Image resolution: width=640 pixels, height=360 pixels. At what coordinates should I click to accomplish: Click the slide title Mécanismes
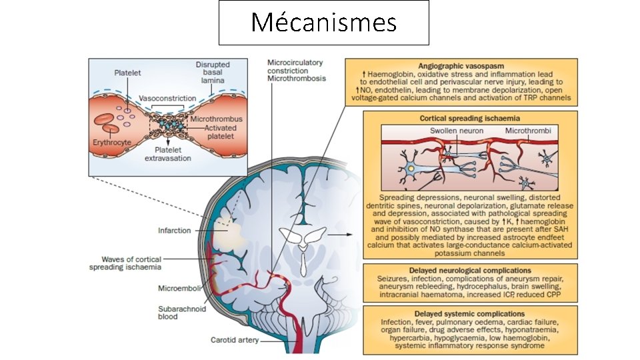coord(323,23)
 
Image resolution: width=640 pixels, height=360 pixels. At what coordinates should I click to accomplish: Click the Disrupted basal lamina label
coord(211,72)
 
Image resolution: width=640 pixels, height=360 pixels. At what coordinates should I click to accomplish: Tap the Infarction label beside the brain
coord(174,231)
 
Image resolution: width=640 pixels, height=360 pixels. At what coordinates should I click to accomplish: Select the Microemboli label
coord(175,289)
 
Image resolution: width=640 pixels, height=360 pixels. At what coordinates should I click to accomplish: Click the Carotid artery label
coord(234,341)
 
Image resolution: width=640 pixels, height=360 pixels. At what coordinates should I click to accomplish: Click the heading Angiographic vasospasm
coord(462,66)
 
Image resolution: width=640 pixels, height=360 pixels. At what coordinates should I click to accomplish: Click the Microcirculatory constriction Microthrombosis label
coord(295,71)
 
